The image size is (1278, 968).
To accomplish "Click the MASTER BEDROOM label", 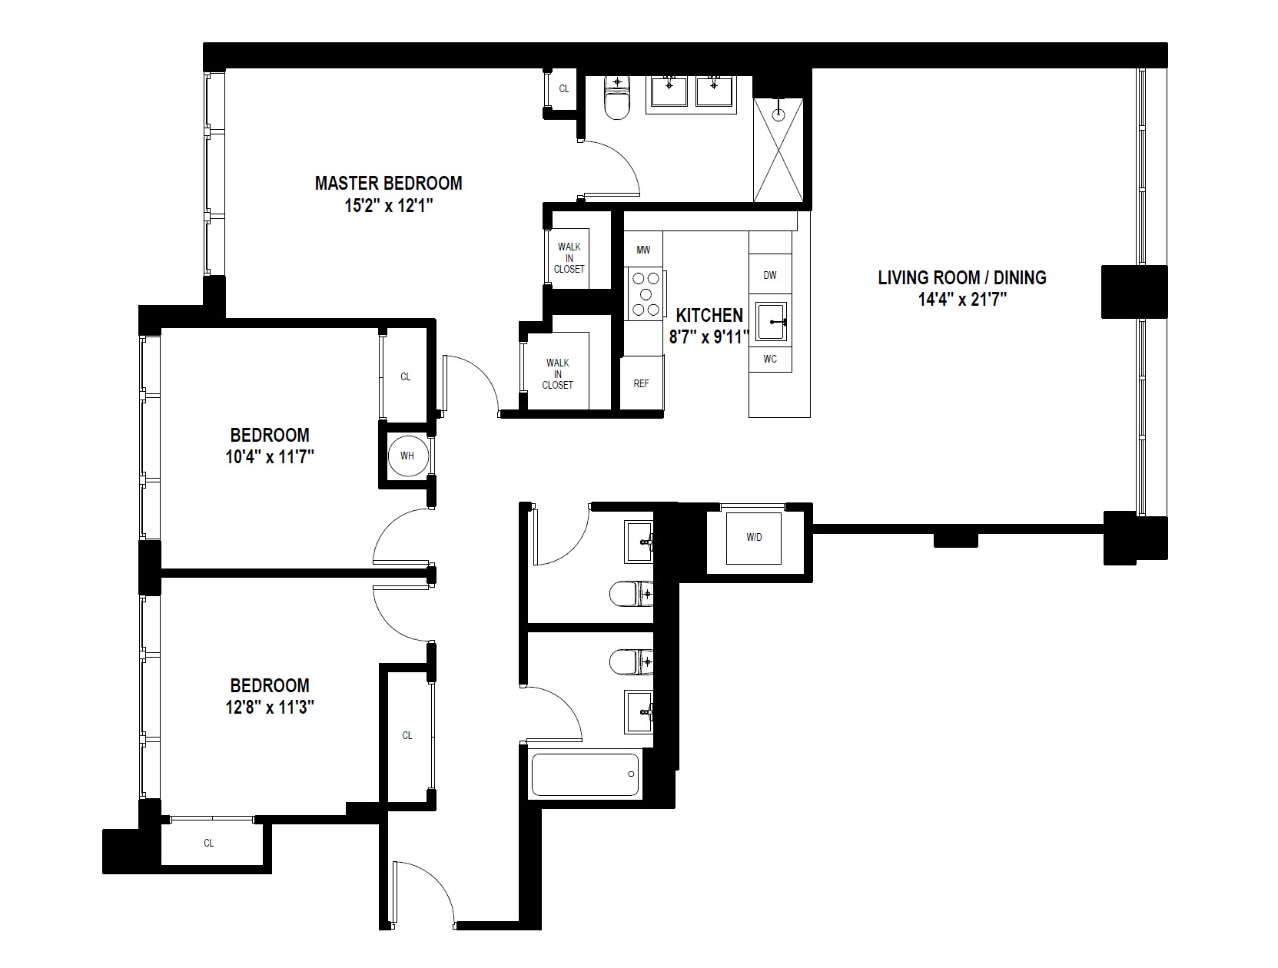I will [x=388, y=184].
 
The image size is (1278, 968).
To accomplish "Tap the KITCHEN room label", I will [x=709, y=315].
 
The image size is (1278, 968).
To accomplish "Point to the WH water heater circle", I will [x=407, y=456].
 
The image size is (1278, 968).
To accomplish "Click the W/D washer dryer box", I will [x=754, y=538].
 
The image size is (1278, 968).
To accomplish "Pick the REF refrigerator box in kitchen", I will [x=642, y=383].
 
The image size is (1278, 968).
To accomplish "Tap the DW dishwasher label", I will [x=770, y=275].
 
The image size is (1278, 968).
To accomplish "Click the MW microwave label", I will [x=643, y=250].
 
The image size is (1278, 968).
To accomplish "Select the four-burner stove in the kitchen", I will [x=646, y=294].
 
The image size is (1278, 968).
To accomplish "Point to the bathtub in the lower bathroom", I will [x=586, y=774].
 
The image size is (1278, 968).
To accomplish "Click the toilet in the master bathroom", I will [x=616, y=100].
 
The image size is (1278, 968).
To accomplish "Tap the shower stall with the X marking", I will [x=779, y=151].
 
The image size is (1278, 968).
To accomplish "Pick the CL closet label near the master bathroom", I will [x=564, y=89].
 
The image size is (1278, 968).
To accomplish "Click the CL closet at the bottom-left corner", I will [x=209, y=843].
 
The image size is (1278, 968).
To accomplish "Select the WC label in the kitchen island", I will [x=770, y=359].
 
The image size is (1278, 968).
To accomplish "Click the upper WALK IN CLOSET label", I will [x=569, y=258].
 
